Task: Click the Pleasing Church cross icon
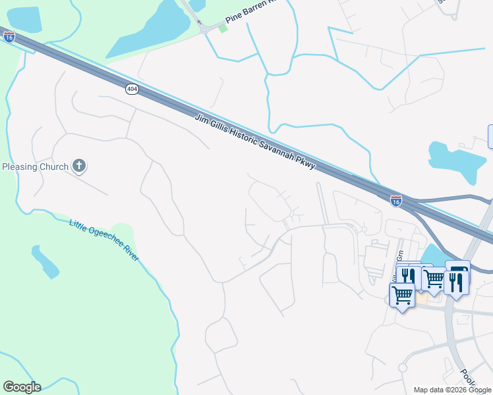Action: pos(79,166)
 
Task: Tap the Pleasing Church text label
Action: pos(35,167)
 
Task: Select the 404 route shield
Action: pos(132,89)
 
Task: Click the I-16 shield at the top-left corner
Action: pos(9,37)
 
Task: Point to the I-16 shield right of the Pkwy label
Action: pos(395,199)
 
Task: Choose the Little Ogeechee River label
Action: pos(104,240)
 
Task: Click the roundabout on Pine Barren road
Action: pos(204,28)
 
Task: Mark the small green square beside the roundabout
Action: pos(223,28)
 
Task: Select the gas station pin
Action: pos(458,272)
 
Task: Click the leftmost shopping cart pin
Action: pos(402,296)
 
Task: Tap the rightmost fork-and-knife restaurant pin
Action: pos(455,282)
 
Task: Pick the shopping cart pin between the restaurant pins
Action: pos(433,278)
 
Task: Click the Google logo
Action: pos(22,387)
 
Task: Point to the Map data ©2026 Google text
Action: pos(451,390)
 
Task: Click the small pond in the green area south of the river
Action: pos(45,261)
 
